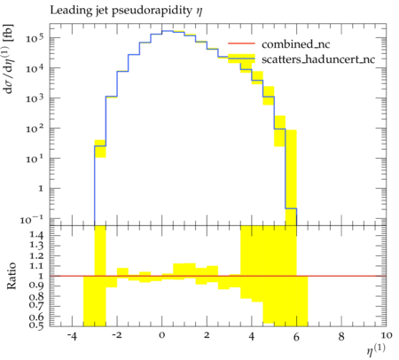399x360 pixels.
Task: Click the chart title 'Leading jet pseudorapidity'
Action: coord(121,11)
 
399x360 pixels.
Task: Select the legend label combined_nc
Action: coord(295,44)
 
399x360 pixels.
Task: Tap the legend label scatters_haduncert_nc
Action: coord(318,59)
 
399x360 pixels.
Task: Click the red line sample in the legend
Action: coord(241,43)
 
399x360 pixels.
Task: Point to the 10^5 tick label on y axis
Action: coord(35,38)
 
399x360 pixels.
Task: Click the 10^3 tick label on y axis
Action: coord(35,98)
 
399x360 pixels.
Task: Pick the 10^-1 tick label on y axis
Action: coord(32,219)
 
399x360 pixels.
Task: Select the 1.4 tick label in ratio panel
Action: coord(36,236)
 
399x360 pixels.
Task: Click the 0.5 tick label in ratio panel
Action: coord(36,325)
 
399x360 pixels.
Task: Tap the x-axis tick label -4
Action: coord(72,336)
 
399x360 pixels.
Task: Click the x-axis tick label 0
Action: coord(161,336)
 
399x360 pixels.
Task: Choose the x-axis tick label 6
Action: coord(296,336)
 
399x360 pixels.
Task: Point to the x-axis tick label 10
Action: coord(387,336)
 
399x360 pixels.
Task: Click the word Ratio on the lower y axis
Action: coord(12,276)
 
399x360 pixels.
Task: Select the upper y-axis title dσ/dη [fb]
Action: coord(9,59)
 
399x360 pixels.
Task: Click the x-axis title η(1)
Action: coord(376,349)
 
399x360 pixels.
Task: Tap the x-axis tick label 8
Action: coord(341,336)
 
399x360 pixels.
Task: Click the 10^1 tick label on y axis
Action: coord(35,159)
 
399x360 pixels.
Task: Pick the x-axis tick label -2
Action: coord(117,336)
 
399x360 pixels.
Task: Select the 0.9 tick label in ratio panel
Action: coord(36,286)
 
